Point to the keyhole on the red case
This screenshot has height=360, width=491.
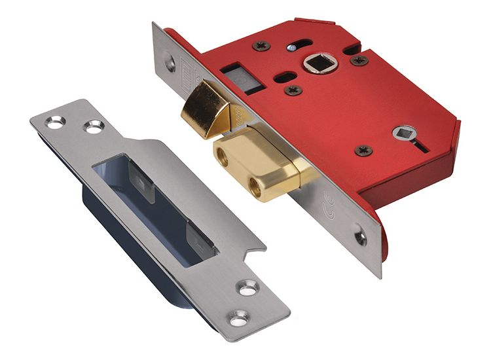(x=405, y=134)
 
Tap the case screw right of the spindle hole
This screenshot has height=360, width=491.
(x=359, y=60)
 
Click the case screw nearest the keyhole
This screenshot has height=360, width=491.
(x=364, y=151)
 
